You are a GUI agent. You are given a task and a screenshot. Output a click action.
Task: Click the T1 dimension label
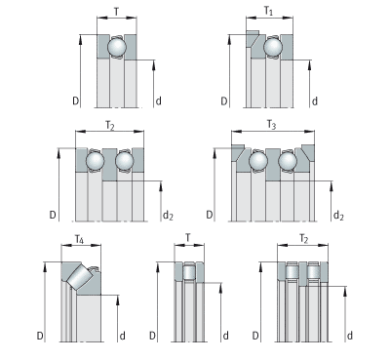click(x=268, y=12)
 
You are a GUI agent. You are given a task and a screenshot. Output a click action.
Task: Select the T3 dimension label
click(x=271, y=125)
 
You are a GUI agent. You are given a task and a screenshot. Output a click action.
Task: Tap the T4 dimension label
click(x=79, y=240)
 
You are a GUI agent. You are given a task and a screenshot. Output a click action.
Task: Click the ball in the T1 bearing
click(x=273, y=47)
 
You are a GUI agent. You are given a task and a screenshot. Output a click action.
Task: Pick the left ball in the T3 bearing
click(x=258, y=161)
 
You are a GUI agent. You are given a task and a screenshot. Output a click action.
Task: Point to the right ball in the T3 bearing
click(x=288, y=161)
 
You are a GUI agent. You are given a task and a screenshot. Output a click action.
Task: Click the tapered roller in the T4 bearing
click(x=81, y=276)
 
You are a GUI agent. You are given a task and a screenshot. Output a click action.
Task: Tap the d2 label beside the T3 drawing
click(x=339, y=215)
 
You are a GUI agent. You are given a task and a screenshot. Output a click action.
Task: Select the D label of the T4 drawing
click(x=40, y=336)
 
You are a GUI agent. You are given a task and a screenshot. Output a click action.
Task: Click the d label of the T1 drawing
click(x=315, y=101)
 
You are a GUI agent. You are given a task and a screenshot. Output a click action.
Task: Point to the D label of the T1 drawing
click(x=224, y=101)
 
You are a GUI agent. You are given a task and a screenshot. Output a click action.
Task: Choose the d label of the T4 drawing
click(x=123, y=336)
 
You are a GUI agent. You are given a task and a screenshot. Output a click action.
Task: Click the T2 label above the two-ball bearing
click(x=110, y=125)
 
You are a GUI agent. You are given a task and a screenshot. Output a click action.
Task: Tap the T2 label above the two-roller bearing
click(x=303, y=239)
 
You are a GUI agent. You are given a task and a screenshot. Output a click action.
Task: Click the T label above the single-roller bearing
click(x=188, y=238)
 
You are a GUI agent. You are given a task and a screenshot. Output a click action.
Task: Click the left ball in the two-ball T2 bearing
click(x=96, y=161)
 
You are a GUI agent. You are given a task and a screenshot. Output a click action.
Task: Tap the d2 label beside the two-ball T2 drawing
click(x=168, y=215)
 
